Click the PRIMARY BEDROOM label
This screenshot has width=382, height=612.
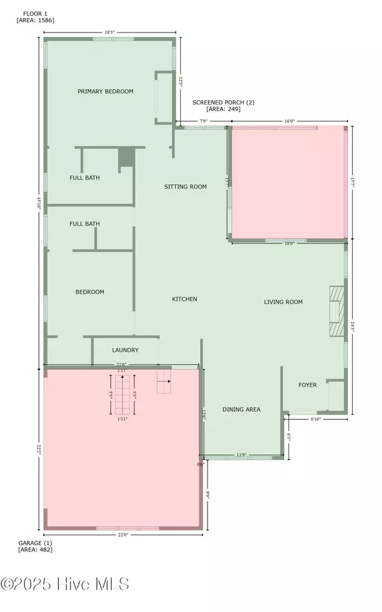coord(106,91)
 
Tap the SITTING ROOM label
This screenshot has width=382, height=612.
coord(186,187)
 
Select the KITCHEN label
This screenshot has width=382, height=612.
coord(185,299)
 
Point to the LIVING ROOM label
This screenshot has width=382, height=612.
coord(283,302)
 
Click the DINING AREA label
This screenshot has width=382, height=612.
coord(241,409)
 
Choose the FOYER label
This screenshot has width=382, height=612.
coord(309,385)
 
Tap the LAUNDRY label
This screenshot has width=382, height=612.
coord(125,350)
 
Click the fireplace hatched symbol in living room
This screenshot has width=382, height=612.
coord(335,311)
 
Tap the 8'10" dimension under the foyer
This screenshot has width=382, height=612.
coord(316,419)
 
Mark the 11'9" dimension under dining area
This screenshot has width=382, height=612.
coord(242,455)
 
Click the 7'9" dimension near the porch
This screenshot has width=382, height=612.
coord(204,120)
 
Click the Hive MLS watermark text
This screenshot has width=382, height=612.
coord(65,583)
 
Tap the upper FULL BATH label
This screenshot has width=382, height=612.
coord(85,178)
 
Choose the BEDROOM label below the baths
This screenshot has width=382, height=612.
coord(90,292)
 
